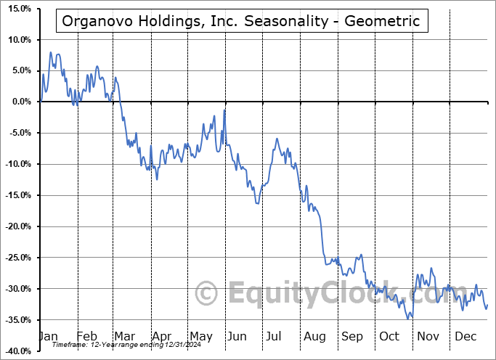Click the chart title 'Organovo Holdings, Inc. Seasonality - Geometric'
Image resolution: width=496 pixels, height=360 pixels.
point(241,20)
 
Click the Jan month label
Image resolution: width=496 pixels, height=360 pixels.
point(47,336)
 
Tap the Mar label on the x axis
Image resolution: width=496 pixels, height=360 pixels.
point(124,336)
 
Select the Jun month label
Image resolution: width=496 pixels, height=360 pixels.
point(237,336)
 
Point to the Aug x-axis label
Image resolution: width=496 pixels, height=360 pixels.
point(314,336)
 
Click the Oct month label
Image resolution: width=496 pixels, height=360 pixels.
point(389,336)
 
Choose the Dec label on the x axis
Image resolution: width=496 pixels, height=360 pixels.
point(465,336)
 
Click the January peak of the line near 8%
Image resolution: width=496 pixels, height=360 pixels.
point(51,52)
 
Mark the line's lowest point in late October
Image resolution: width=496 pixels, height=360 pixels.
point(410,318)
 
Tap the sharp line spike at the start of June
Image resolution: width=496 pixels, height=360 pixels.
point(225,110)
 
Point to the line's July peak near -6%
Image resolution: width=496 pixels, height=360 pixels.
point(277,139)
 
